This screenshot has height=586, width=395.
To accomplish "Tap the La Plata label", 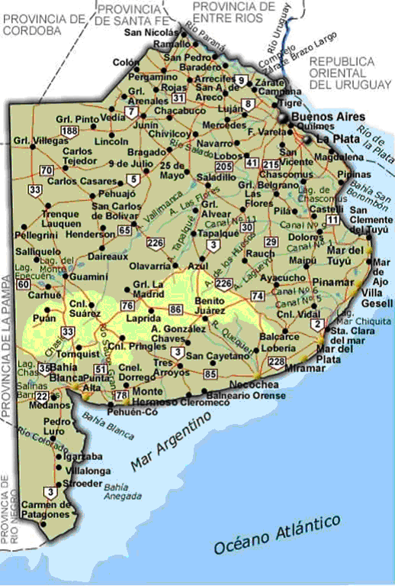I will [333, 139].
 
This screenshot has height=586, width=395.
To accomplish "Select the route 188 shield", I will [70, 131].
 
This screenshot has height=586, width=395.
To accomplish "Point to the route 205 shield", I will [224, 167].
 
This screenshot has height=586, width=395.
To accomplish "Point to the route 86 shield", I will [176, 309].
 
